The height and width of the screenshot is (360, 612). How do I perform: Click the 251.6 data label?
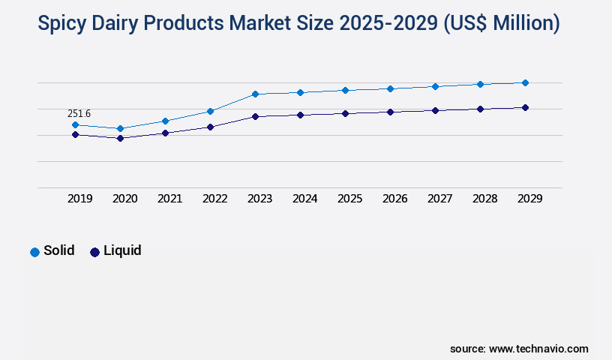[79, 113]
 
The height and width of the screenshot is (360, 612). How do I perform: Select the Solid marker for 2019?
[75, 124]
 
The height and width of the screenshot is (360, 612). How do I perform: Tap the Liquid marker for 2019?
[75, 134]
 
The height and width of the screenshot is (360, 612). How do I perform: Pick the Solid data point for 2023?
[255, 94]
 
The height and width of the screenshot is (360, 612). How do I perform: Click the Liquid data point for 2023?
[255, 116]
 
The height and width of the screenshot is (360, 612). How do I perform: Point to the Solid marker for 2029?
[525, 82]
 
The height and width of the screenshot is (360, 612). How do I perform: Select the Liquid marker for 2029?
[525, 107]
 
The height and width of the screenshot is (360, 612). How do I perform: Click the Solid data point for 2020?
[120, 128]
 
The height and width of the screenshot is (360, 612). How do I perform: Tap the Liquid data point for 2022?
[210, 127]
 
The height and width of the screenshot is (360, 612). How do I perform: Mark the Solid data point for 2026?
[390, 88]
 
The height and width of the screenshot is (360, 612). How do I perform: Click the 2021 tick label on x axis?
[169, 199]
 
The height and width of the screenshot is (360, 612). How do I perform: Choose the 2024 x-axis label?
[304, 199]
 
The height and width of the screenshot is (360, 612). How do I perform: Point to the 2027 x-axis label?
[439, 199]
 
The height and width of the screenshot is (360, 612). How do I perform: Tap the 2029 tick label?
[529, 199]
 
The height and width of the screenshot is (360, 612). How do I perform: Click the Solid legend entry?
[52, 251]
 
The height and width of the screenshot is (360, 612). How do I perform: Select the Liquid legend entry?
[115, 251]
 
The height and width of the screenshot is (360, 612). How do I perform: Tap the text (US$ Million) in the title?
[501, 23]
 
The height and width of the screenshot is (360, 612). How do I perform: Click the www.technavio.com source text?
[538, 349]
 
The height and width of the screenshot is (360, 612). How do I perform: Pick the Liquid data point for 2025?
[345, 113]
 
